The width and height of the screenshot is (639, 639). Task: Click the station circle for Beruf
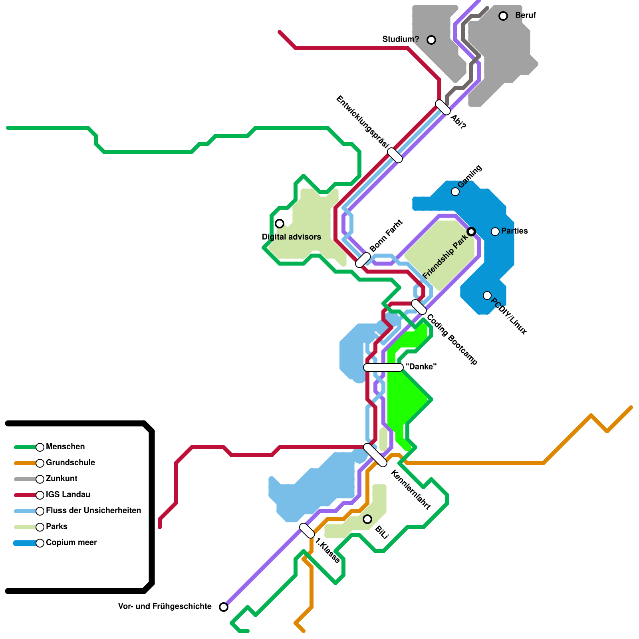(503, 16)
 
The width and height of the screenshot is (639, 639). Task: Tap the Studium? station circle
(431, 40)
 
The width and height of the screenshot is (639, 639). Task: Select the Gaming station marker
(455, 192)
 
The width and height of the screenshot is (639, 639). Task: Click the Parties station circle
(495, 232)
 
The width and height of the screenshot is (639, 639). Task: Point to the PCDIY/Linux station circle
(487, 296)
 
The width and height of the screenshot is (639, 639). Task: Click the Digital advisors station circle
(280, 224)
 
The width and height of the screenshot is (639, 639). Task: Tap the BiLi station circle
(367, 519)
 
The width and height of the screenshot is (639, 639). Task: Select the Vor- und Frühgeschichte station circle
(224, 607)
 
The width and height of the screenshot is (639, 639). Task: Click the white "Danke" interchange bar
(383, 367)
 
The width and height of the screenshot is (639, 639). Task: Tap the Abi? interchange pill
(443, 107)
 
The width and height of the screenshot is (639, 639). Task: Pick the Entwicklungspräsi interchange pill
(395, 155)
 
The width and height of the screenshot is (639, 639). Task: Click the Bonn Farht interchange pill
(363, 260)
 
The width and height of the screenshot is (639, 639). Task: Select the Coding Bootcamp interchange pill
(419, 307)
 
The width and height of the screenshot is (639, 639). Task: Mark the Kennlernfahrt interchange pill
(375, 455)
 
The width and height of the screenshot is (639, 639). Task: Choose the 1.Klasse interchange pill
(307, 531)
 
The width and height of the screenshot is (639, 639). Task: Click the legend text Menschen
(65, 447)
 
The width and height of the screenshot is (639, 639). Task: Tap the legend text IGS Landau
(68, 494)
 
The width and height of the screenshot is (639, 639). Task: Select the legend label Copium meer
(71, 542)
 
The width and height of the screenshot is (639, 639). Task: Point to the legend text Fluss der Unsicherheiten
(93, 510)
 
